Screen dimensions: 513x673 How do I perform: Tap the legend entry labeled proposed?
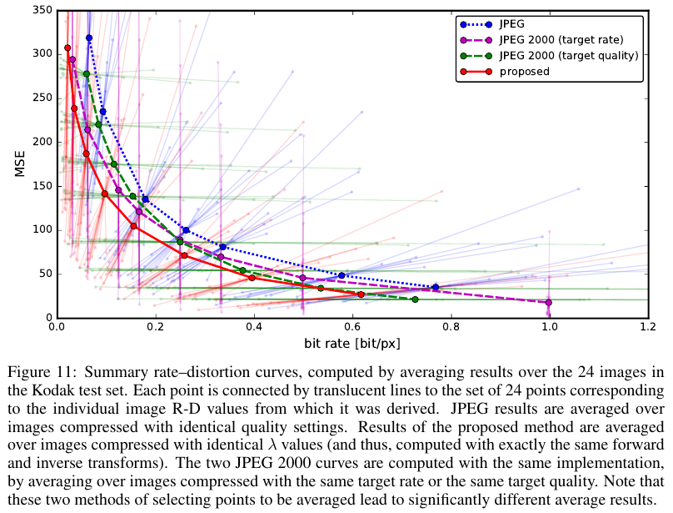(524, 72)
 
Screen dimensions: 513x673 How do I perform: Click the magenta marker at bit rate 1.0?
(548, 303)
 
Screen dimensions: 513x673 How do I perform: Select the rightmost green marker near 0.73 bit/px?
(415, 299)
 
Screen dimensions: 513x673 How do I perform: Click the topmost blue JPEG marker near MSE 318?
(89, 38)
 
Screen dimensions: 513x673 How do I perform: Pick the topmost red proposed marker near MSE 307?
(67, 48)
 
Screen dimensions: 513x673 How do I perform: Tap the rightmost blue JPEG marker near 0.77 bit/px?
(435, 287)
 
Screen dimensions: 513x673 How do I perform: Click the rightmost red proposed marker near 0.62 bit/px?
(361, 294)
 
